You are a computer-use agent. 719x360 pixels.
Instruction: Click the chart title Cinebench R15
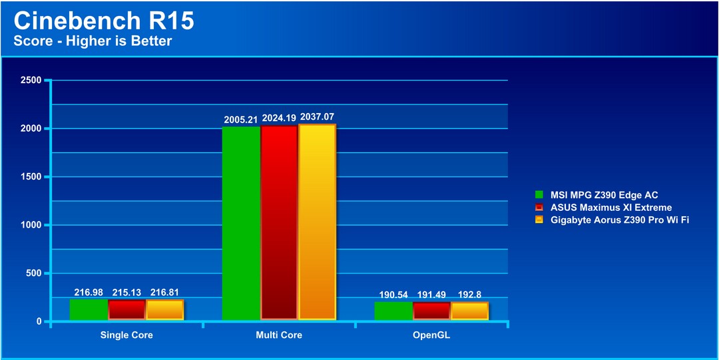(104, 21)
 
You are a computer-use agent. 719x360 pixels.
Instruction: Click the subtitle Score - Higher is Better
(93, 41)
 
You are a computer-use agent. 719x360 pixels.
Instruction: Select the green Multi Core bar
(241, 223)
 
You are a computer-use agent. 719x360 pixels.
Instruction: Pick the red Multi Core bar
(279, 222)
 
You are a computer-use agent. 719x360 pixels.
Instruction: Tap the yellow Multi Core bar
(318, 222)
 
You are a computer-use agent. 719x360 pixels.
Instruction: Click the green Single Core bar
(89, 309)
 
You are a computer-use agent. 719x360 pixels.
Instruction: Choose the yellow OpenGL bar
(469, 311)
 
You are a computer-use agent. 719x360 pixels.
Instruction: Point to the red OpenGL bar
(431, 311)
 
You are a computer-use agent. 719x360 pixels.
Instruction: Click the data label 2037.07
(318, 117)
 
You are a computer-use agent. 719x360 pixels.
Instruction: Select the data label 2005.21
(241, 120)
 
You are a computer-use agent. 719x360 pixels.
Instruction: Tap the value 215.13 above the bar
(127, 293)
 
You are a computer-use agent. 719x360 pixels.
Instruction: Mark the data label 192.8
(469, 294)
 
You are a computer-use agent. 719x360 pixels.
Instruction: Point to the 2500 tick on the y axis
(31, 81)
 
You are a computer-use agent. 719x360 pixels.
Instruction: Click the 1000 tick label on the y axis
(31, 225)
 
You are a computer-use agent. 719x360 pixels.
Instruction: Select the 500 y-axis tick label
(33, 273)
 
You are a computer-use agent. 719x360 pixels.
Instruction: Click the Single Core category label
(126, 335)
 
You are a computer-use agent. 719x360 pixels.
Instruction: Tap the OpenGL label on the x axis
(431, 335)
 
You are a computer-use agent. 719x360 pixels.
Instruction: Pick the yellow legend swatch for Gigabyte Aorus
(539, 220)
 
